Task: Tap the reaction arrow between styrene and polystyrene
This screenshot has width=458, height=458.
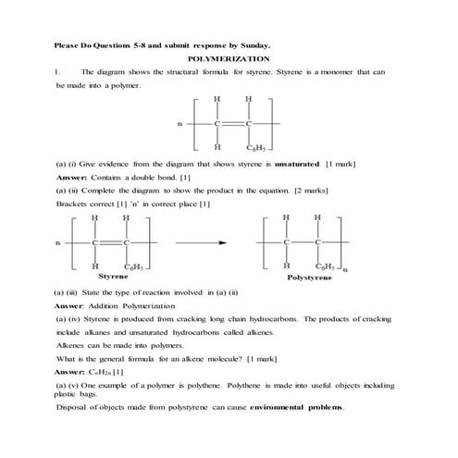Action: coord(205,242)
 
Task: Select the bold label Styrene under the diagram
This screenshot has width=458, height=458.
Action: coord(113,277)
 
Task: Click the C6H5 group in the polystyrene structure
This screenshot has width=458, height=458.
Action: coord(324,266)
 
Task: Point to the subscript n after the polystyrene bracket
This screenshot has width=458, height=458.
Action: coord(345,271)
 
